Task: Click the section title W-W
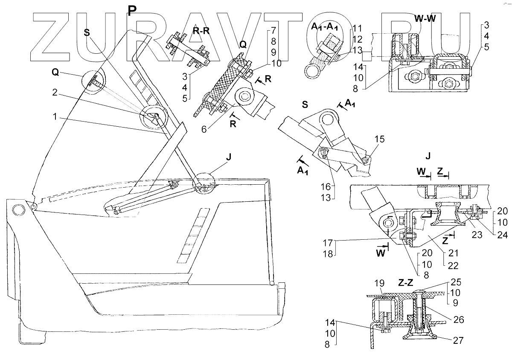point(425,18)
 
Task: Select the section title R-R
point(201,31)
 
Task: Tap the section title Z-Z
point(405,283)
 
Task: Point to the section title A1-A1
point(324,27)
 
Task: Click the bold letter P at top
point(132,10)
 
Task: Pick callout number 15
point(380,139)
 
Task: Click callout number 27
point(458,340)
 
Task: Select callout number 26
point(459,319)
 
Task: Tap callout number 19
point(379,283)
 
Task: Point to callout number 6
point(204,129)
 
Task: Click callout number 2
point(55,92)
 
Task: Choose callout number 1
point(55,116)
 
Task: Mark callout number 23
point(477,235)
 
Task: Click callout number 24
point(503,235)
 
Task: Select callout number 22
point(453,266)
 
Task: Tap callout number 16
point(326,187)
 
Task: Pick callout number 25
point(456,282)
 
